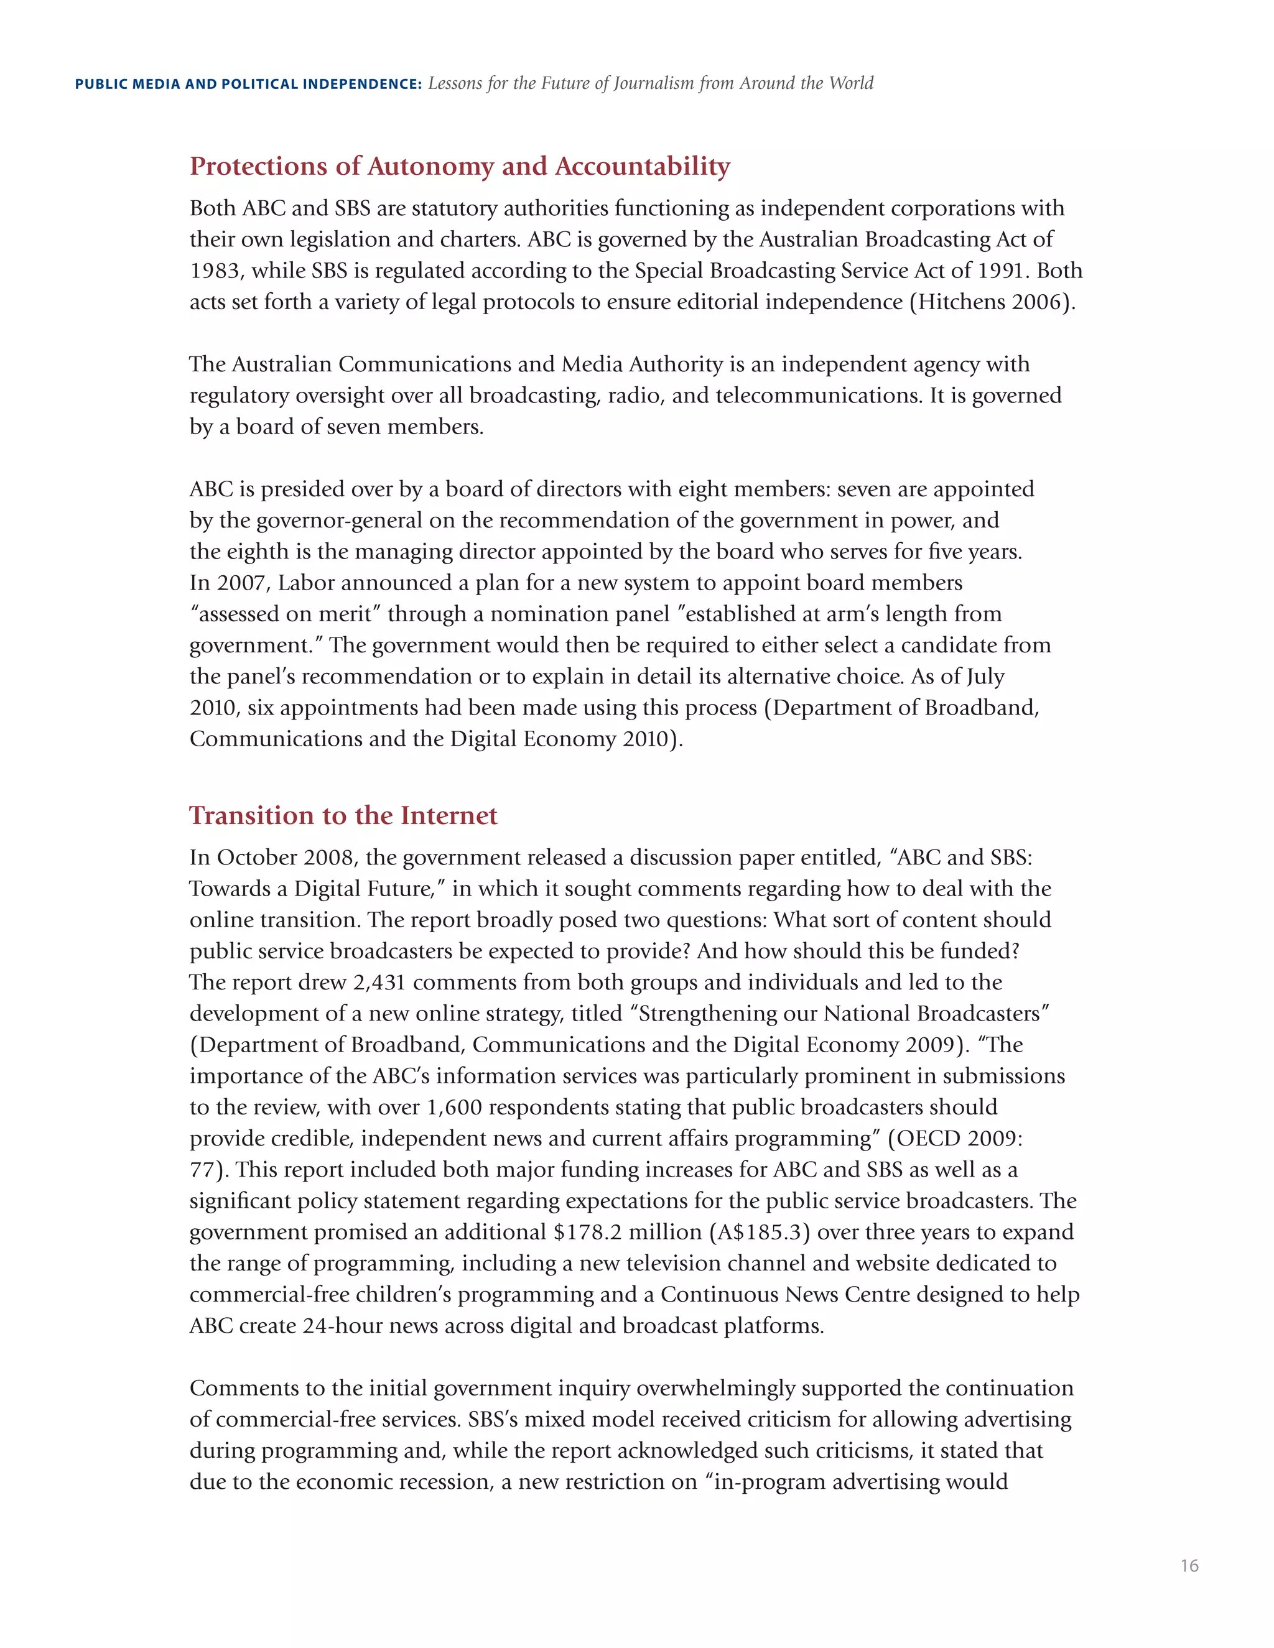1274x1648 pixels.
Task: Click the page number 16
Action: [x=1189, y=1566]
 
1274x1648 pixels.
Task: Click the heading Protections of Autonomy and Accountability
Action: [x=460, y=166]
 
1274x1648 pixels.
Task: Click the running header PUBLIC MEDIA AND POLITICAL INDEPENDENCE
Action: [x=248, y=85]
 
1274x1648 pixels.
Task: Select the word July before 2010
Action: [x=983, y=677]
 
